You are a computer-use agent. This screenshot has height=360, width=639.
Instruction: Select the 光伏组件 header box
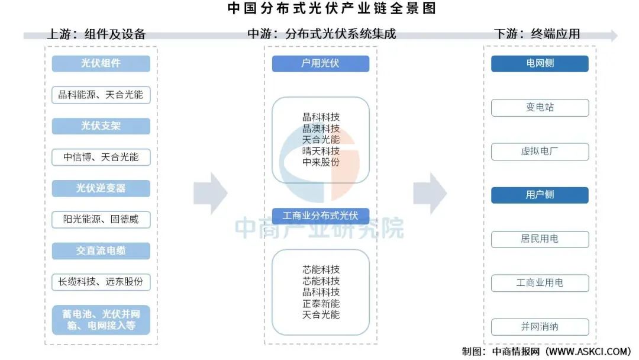pos(101,63)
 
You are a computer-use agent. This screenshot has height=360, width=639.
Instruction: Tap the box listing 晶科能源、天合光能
pos(101,95)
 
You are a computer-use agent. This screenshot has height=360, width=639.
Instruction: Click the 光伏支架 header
pos(101,126)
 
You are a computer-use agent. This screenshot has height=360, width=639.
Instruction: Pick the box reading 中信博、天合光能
pos(101,157)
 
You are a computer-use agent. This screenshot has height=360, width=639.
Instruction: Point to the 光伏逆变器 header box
pos(101,188)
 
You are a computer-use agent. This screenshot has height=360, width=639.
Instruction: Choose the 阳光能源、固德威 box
pos(101,220)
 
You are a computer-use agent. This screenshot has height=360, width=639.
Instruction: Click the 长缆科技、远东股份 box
pos(101,282)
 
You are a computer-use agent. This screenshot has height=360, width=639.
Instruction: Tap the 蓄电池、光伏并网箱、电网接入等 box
pos(101,320)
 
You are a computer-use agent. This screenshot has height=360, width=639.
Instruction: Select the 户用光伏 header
pos(320,63)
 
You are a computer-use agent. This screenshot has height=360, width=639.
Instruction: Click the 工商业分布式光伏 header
pos(320,216)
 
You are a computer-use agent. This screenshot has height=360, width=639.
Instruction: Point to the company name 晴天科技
pos(321,151)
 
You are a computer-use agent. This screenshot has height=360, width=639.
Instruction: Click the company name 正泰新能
pos(321,304)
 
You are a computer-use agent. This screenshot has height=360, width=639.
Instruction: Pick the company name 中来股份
pos(321,162)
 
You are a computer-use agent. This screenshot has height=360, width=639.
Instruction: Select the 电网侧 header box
pos(540,63)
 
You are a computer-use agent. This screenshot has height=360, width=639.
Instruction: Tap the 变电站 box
pos(540,108)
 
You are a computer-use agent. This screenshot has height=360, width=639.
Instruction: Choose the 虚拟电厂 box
pos(540,152)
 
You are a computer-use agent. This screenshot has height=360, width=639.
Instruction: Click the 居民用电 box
pos(540,239)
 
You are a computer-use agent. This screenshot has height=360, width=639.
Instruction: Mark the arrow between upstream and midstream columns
pos(210,193)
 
